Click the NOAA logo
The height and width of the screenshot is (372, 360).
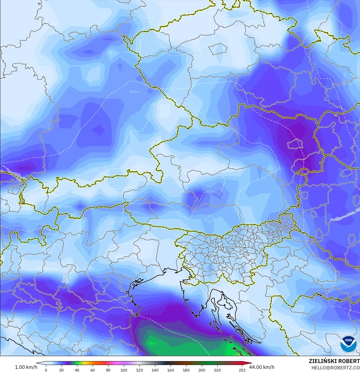(x=348, y=344)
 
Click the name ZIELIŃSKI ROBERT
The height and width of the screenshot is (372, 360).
(x=334, y=361)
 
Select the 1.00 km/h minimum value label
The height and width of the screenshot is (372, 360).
(x=26, y=367)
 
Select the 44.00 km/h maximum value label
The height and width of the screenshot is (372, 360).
(x=262, y=367)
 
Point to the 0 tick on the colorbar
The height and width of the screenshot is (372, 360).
(x=46, y=370)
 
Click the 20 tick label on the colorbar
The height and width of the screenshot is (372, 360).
(x=61, y=370)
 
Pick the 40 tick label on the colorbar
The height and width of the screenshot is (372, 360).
(x=77, y=370)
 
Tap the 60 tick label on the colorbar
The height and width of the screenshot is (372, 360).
(x=93, y=370)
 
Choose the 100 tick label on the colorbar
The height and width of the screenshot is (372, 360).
(x=124, y=370)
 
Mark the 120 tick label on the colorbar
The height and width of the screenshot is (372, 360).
(x=139, y=370)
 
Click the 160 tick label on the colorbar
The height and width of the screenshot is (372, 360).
(x=171, y=370)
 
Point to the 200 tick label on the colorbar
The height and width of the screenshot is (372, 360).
(x=202, y=370)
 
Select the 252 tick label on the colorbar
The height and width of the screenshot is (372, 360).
(x=242, y=370)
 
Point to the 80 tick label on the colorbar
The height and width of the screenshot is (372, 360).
(x=108, y=370)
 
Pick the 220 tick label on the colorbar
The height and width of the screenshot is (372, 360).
(x=217, y=370)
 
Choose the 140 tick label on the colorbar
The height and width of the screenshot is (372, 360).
(x=155, y=370)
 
